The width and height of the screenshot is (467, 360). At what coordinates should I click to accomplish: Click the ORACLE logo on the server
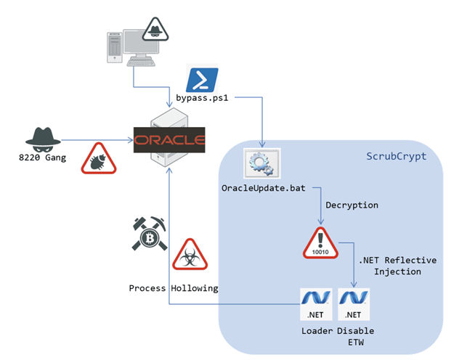(x=169, y=138)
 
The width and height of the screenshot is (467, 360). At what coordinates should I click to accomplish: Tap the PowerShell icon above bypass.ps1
(x=198, y=78)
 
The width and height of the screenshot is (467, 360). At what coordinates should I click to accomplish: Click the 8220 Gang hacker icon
(x=42, y=137)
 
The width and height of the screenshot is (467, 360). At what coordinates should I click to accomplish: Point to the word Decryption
(x=352, y=205)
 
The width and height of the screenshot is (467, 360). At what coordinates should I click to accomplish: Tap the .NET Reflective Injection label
(x=391, y=266)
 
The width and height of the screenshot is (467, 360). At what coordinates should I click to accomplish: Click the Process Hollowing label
(x=174, y=288)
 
